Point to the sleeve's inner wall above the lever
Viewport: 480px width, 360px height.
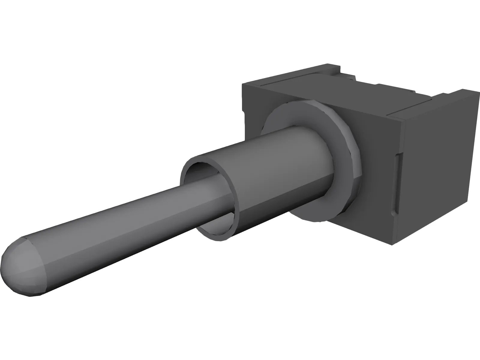pos(207,168)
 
